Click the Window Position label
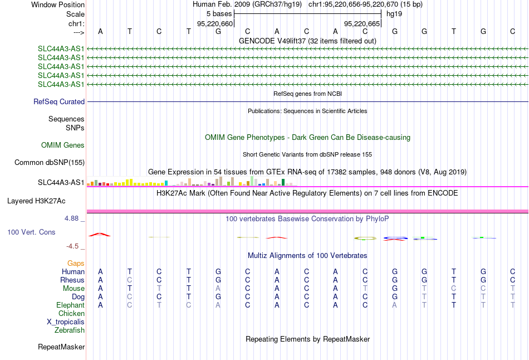pyautogui.click(x=58, y=4)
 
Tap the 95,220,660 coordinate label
pyautogui.click(x=215, y=23)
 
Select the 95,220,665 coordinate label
pyautogui.click(x=362, y=23)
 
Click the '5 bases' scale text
pyautogui.click(x=219, y=14)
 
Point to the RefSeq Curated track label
pyautogui.click(x=59, y=101)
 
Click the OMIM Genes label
pyautogui.click(x=63, y=145)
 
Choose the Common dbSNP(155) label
pyautogui.click(x=50, y=162)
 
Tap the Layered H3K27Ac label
pyautogui.click(x=36, y=201)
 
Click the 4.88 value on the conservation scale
pyautogui.click(x=71, y=218)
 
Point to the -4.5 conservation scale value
pyautogui.click(x=72, y=246)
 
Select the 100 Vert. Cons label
pyautogui.click(x=31, y=232)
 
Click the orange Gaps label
pyautogui.click(x=76, y=263)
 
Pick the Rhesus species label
pyautogui.click(x=72, y=280)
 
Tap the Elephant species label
pyautogui.click(x=71, y=305)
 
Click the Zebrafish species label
pyautogui.click(x=70, y=330)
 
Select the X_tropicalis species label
pyautogui.click(x=66, y=322)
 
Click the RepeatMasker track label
pyautogui.click(x=61, y=347)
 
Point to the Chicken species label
pyautogui.click(x=71, y=313)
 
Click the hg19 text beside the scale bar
pyautogui.click(x=394, y=14)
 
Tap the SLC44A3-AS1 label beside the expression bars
pyautogui.click(x=61, y=183)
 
